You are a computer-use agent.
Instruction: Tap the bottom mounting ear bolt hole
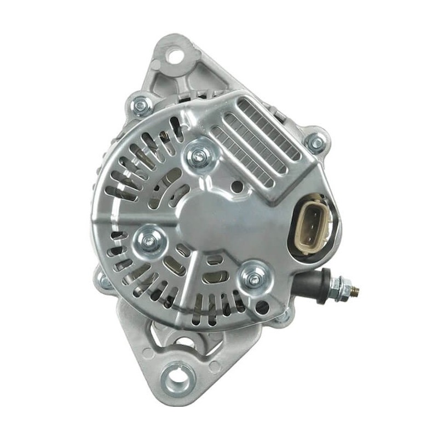(177, 378)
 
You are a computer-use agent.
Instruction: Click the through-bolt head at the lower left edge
(104, 280)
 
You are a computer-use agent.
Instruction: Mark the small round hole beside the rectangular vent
(237, 187)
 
